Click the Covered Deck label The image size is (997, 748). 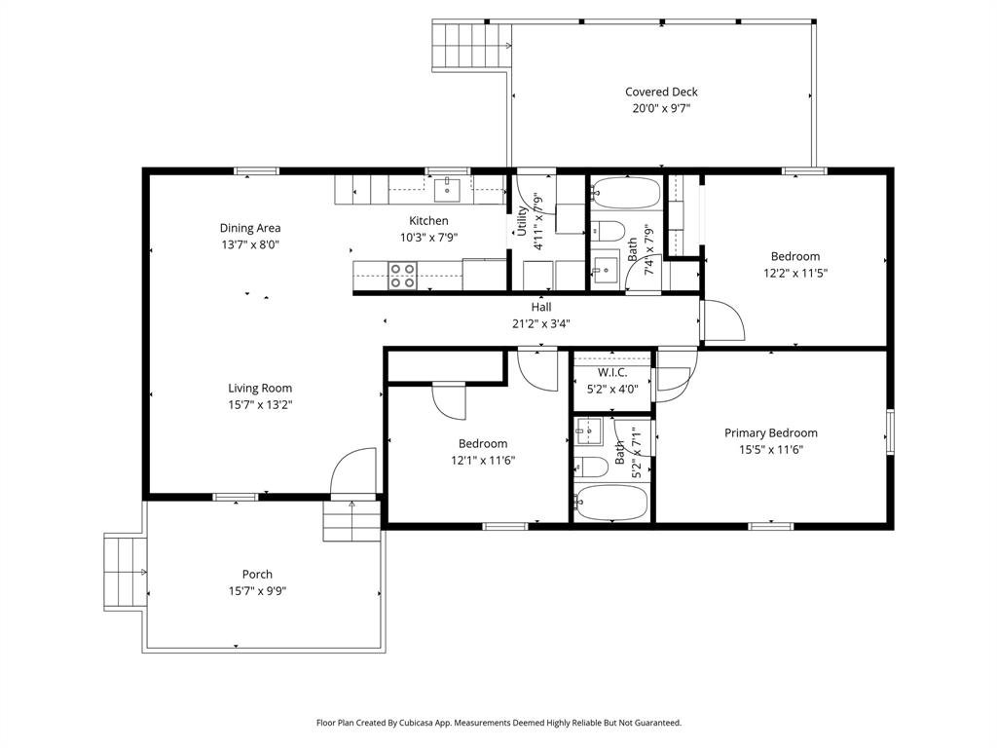point(661,92)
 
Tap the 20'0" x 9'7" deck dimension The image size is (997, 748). point(661,109)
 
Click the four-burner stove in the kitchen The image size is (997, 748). point(402,276)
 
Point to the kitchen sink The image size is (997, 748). point(447,187)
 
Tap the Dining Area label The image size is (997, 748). point(249,228)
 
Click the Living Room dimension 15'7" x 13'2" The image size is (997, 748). point(260,404)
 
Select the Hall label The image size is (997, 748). point(540,307)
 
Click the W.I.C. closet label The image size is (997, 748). point(611,373)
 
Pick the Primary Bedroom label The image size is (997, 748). point(770,432)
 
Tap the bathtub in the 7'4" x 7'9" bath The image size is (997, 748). point(625,193)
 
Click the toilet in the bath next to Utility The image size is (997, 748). point(609,231)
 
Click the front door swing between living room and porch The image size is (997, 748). point(352,474)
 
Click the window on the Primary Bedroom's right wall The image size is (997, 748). point(890,431)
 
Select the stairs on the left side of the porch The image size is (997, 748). point(125,572)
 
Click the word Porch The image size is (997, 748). point(257,574)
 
